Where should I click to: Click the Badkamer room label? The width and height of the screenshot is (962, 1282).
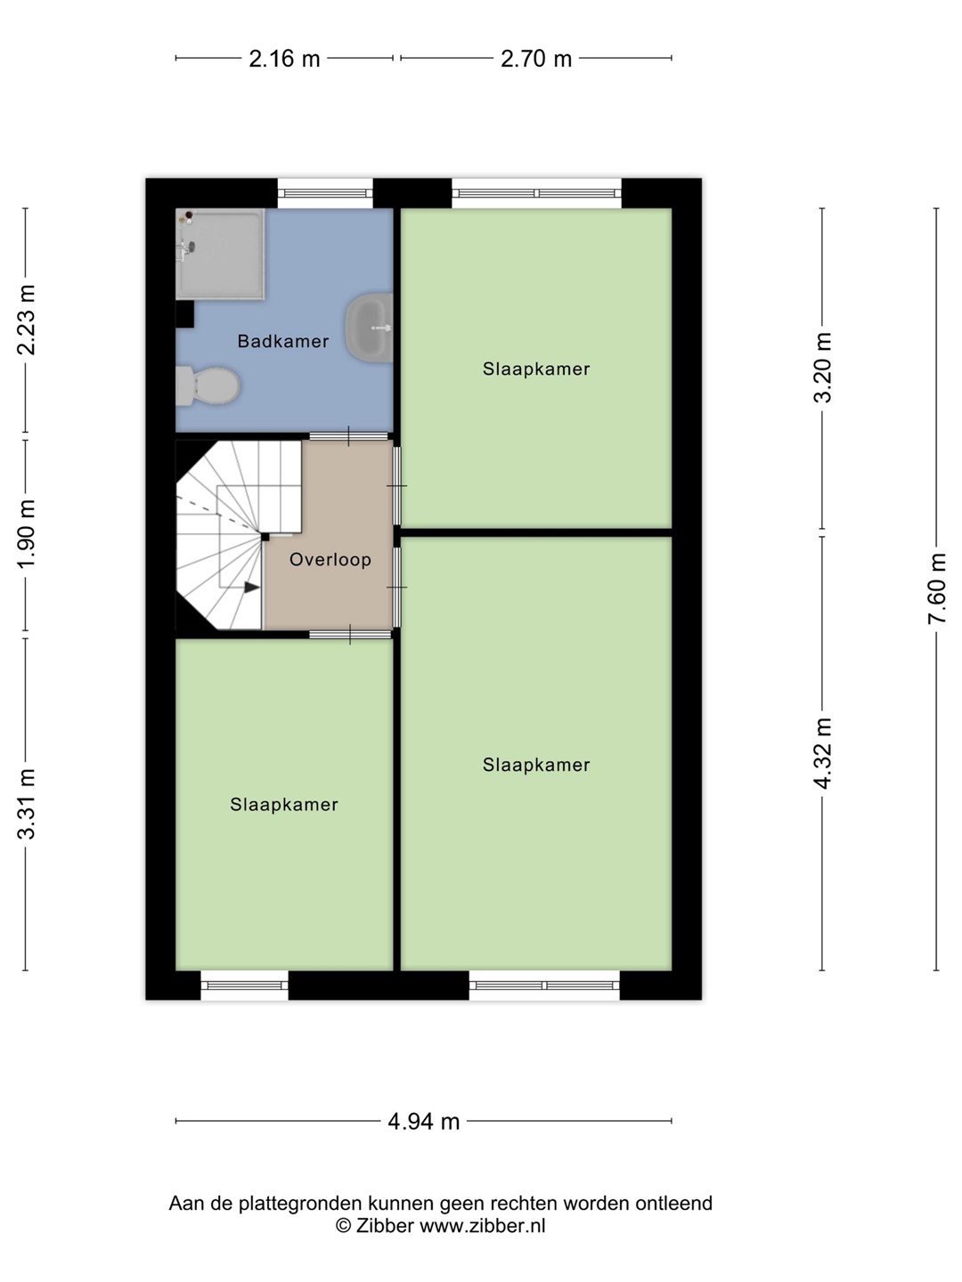coord(282,341)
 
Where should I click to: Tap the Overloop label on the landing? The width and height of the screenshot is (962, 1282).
coord(330,559)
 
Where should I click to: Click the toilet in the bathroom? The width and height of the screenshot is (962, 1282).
coord(208,385)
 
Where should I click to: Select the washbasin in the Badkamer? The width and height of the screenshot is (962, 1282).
coord(369,328)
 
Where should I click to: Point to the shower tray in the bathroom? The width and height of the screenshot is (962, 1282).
coord(220,254)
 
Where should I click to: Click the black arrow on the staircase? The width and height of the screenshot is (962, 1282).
coord(251,588)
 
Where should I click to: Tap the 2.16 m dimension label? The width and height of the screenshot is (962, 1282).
coord(284,59)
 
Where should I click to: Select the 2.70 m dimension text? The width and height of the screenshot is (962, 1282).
coord(535,59)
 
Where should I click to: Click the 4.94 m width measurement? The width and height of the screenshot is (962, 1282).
coord(423,1122)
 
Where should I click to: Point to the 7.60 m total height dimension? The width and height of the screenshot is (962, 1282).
coord(936,588)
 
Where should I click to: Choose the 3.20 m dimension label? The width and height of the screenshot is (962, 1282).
coord(822,368)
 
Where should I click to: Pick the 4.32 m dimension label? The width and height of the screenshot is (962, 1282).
coord(822,753)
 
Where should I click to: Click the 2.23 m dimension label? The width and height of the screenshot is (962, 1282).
coord(27,320)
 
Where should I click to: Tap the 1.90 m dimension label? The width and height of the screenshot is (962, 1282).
coord(27,534)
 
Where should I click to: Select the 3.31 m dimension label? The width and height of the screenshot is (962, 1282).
coord(27,804)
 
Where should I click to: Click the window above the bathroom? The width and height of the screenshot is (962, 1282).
coord(325,193)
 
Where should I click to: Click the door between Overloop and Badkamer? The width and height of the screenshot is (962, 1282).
coord(348,436)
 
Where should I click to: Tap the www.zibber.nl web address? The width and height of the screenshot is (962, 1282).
coord(483,1225)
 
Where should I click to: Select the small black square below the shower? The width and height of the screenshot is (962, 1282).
coord(184,314)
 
